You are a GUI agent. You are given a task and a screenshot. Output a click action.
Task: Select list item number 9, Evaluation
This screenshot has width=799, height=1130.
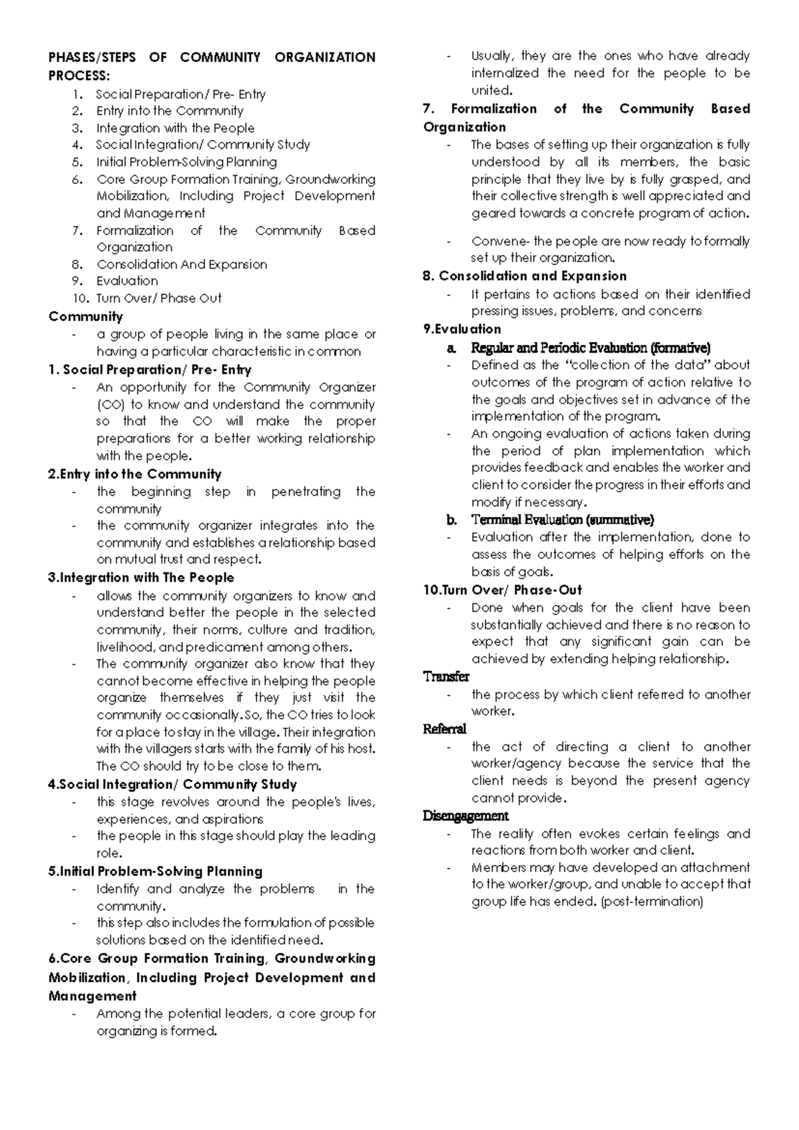[x=127, y=281]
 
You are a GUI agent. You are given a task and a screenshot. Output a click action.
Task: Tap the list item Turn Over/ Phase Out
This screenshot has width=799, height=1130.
[x=158, y=298]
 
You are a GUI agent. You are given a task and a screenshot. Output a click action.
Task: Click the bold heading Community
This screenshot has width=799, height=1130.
[x=86, y=316]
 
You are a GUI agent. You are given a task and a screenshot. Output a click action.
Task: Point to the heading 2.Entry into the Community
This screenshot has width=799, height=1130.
[x=134, y=474]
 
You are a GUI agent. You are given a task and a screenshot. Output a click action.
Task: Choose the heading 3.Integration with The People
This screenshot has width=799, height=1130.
[x=141, y=578]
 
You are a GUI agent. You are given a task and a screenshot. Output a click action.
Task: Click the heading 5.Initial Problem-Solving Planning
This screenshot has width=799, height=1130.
[x=155, y=871]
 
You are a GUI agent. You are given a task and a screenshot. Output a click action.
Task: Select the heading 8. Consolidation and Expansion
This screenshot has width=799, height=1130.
[x=525, y=276]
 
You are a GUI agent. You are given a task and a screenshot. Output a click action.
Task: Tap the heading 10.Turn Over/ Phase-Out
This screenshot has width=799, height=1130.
[x=502, y=590]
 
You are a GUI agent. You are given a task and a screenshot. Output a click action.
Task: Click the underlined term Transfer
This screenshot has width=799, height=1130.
[x=446, y=677]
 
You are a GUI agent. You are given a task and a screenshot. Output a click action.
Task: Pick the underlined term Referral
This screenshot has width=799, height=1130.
[x=445, y=729]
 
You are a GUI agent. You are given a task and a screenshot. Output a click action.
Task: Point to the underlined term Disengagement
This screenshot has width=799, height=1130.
[x=465, y=816]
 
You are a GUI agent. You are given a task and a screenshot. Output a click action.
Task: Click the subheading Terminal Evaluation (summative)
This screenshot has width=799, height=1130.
[x=562, y=520]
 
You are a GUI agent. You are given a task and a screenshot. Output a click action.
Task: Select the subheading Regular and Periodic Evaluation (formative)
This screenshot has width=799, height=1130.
[x=591, y=348]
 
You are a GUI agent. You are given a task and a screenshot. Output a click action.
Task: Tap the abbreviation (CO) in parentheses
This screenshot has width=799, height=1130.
[x=109, y=404]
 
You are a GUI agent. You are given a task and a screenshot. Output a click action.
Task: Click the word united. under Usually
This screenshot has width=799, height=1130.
[x=491, y=91]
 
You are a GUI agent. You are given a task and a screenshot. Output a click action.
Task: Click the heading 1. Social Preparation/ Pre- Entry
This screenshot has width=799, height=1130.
[x=150, y=370]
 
